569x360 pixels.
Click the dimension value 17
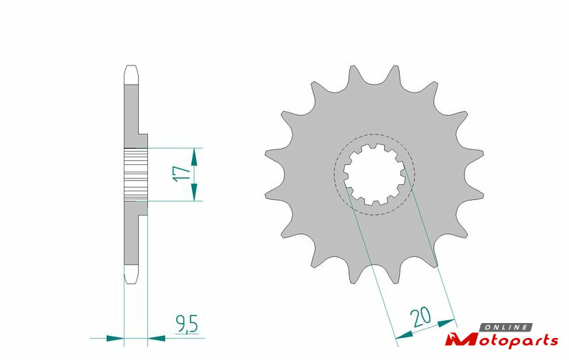[182, 174]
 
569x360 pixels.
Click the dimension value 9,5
[186, 324]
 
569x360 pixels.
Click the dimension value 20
[420, 317]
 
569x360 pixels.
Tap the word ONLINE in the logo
[506, 327]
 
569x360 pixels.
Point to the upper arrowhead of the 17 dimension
[194, 157]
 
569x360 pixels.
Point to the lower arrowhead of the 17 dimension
[194, 192]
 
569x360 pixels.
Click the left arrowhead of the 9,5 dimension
[115, 338]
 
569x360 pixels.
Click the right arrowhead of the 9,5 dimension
[156, 338]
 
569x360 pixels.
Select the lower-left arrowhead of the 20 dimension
[404, 335]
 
